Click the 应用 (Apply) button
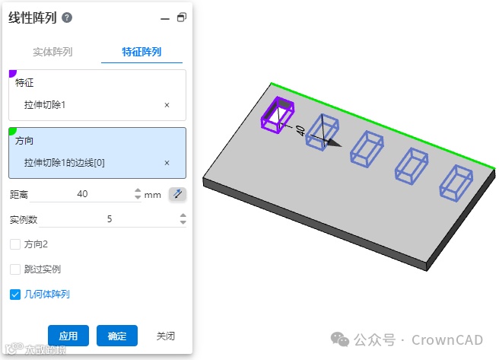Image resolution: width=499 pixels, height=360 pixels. pos(68,336)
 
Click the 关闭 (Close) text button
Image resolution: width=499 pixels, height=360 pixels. pos(166,336)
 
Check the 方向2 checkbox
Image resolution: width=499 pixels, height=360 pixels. pos(15,244)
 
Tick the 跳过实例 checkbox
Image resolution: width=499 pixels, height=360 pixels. pos(15,269)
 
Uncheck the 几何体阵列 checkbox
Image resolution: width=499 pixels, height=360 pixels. pos(15,295)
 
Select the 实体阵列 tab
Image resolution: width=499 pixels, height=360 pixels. pos(52,52)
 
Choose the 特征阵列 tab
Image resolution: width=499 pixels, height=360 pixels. pos(141,52)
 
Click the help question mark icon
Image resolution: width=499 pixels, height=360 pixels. pos(67,18)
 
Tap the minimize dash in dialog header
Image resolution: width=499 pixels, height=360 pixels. pos(165,19)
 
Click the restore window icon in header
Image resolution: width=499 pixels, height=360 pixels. pos(182,18)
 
